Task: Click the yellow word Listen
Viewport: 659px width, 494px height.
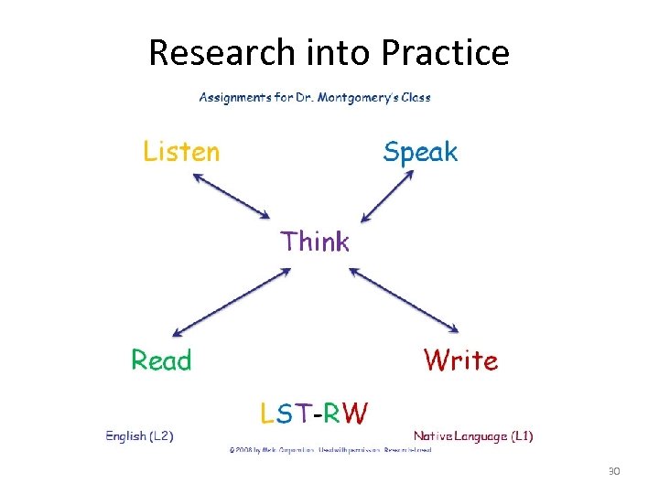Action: (x=181, y=151)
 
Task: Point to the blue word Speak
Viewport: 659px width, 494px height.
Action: (x=420, y=152)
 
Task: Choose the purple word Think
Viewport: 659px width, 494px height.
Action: (x=315, y=242)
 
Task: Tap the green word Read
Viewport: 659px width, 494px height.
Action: (x=161, y=360)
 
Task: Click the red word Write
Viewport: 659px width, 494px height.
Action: (x=460, y=360)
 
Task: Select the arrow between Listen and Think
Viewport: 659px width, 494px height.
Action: (x=232, y=196)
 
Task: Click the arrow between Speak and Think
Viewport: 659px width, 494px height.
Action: (x=388, y=198)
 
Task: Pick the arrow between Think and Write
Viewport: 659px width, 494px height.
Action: (x=404, y=299)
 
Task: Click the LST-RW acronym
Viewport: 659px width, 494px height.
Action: (x=314, y=414)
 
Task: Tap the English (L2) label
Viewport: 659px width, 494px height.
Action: (x=140, y=436)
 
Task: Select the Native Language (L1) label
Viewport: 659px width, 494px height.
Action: (x=473, y=436)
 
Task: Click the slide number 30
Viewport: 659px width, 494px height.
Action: (x=614, y=471)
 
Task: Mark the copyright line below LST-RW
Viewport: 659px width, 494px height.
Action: (x=329, y=450)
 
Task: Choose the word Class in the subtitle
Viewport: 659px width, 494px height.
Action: (x=414, y=97)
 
